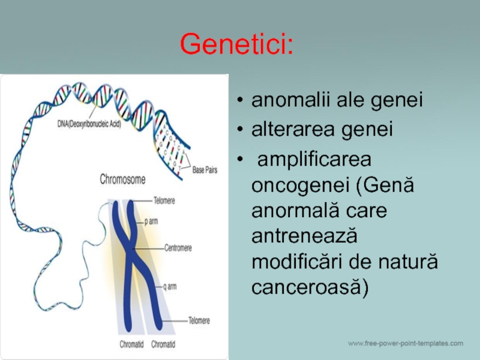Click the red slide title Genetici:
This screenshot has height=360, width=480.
coord(236,44)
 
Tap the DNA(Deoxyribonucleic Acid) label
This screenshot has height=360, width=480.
coord(89,124)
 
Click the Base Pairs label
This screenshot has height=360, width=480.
coord(205,170)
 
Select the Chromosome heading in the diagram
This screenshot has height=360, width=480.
coord(122,179)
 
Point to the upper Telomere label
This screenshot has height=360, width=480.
coord(164,201)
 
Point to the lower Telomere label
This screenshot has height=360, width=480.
coord(199,320)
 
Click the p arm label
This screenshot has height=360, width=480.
coord(151,221)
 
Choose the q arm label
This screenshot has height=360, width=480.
coord(170,287)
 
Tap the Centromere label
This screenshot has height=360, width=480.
coord(178,248)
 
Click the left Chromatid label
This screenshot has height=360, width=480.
coord(131,344)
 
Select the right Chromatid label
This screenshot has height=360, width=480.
coord(163,344)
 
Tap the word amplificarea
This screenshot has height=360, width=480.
coord(314,160)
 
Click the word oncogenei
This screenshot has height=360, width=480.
coord(301,185)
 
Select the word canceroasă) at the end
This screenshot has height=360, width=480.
coord(310,287)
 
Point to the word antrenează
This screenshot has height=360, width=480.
coord(304,236)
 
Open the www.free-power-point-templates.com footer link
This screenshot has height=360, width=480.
coord(406,343)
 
